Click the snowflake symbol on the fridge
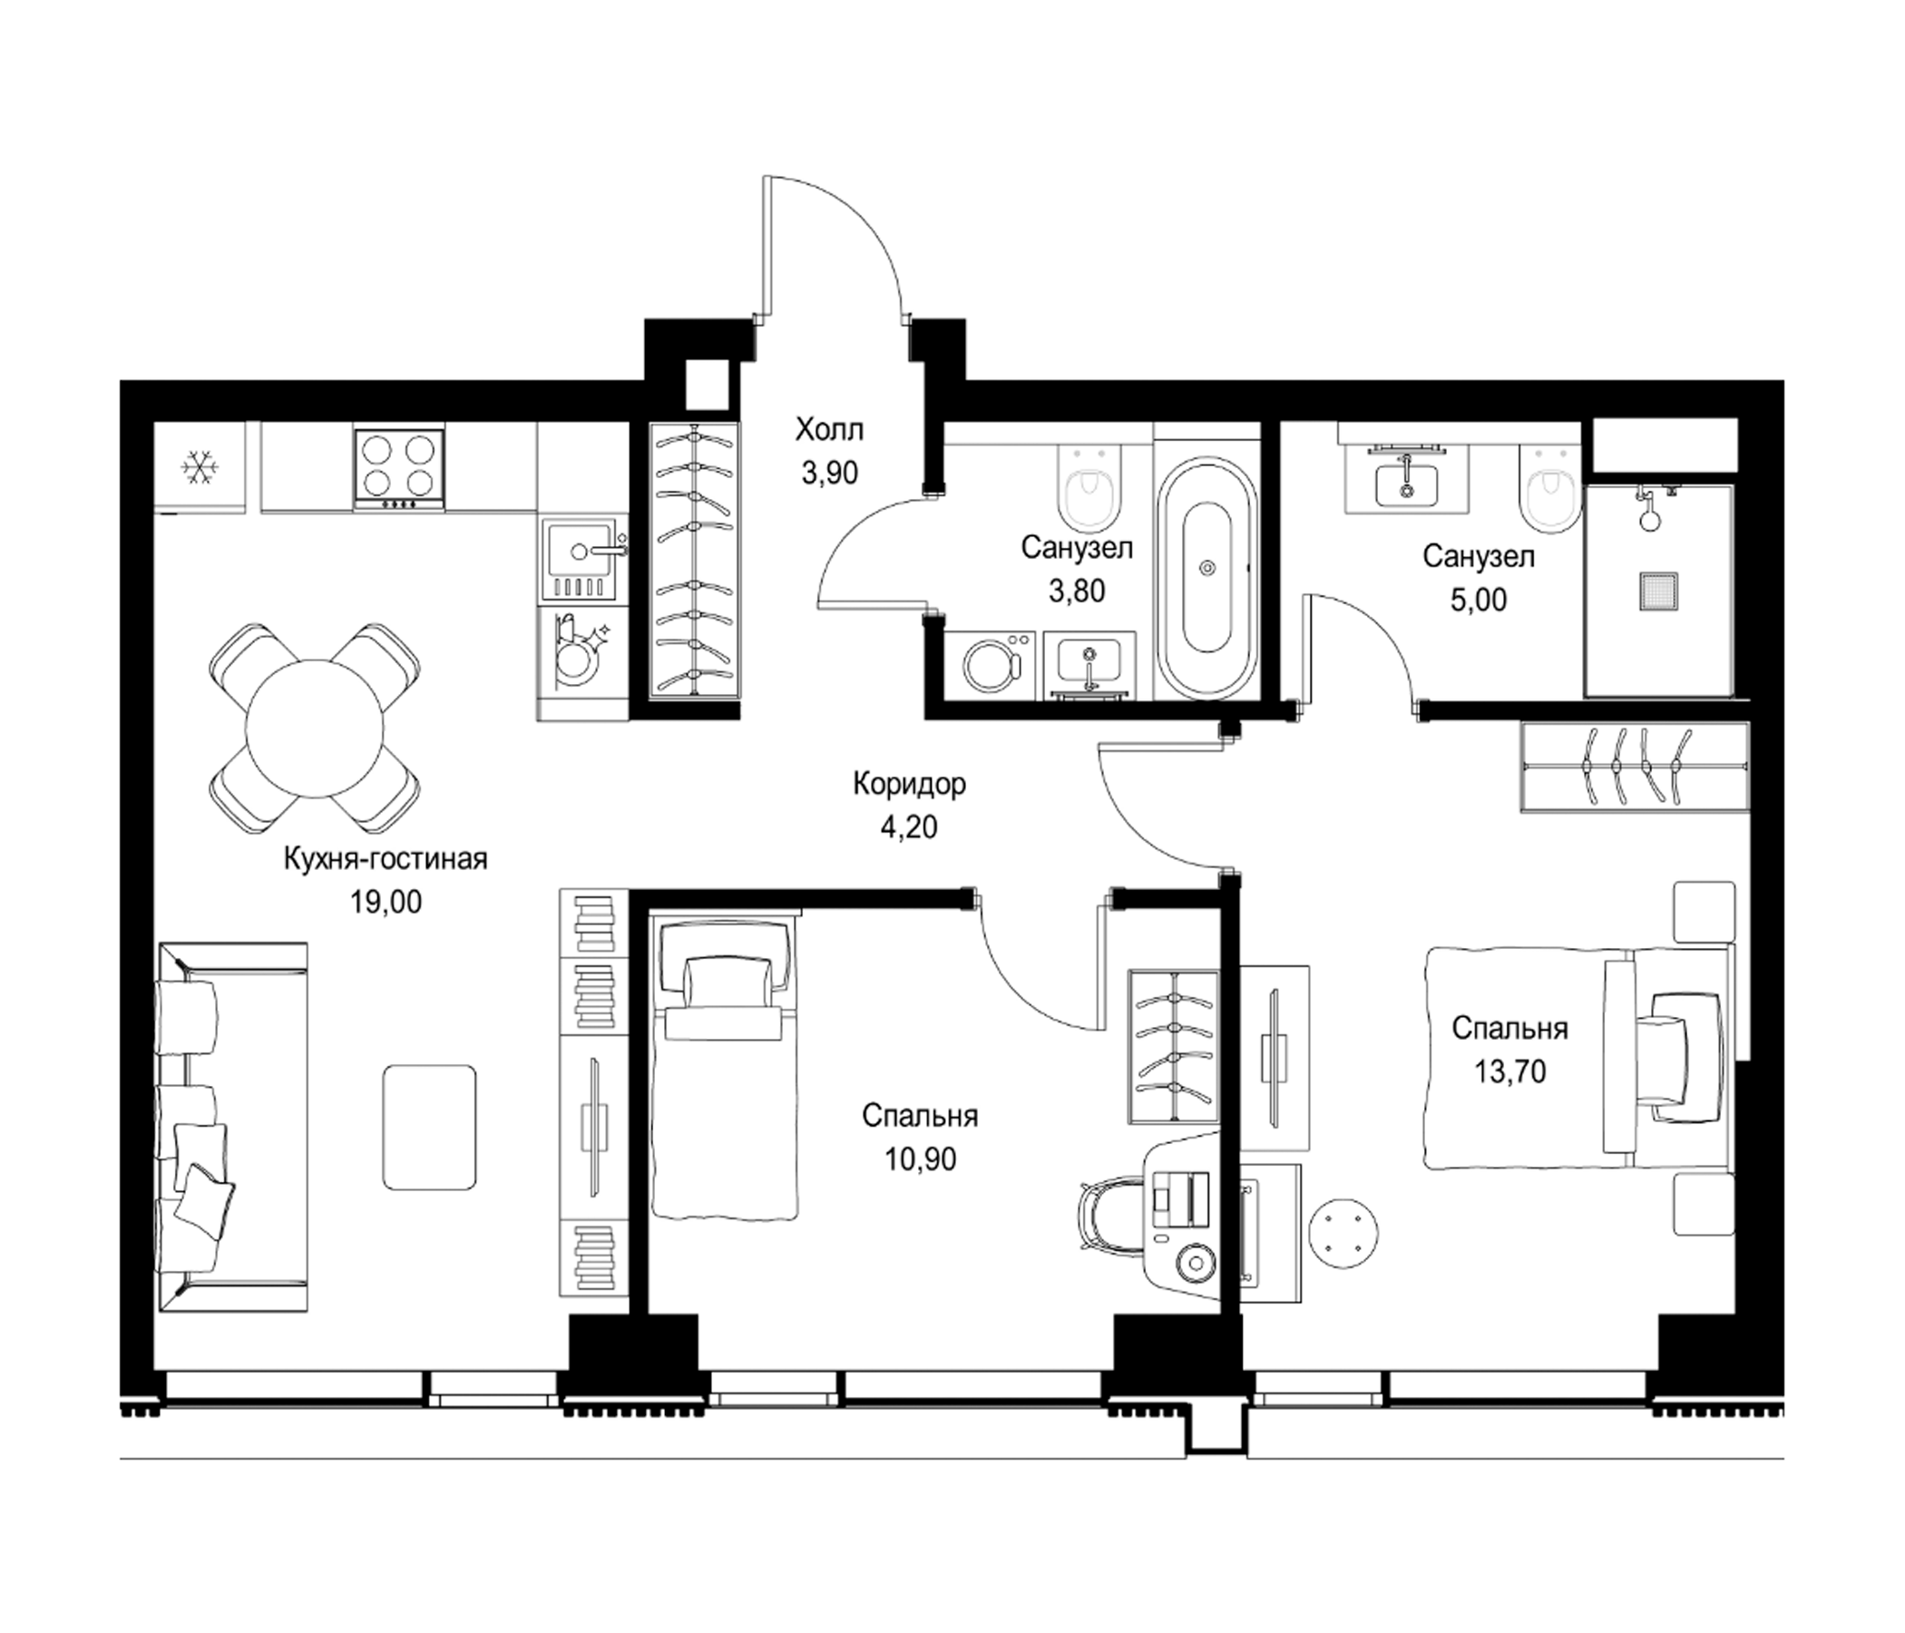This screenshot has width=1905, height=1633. [198, 468]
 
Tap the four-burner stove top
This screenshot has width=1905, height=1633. [399, 468]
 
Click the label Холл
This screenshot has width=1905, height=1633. [829, 429]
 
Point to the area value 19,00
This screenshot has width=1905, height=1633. [386, 902]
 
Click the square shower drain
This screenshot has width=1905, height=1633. [1656, 592]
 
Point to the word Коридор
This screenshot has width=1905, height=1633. [909, 784]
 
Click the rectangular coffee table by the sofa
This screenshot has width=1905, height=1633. [429, 1127]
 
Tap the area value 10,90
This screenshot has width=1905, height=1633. [921, 1159]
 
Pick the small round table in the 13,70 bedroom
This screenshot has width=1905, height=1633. [1344, 1232]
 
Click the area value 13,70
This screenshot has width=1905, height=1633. [1510, 1071]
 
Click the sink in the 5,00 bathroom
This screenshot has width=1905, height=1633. [1405, 481]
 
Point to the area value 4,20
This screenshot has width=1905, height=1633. [909, 826]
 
